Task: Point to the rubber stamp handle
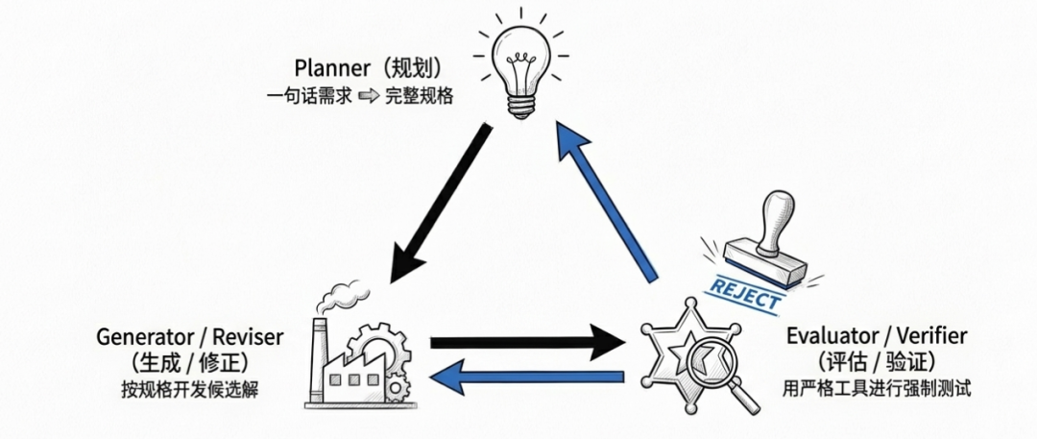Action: [x=774, y=219]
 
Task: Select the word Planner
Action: [x=332, y=69]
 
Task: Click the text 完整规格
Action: [x=419, y=96]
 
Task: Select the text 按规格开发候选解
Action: [x=189, y=389]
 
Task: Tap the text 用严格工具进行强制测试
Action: [x=877, y=389]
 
